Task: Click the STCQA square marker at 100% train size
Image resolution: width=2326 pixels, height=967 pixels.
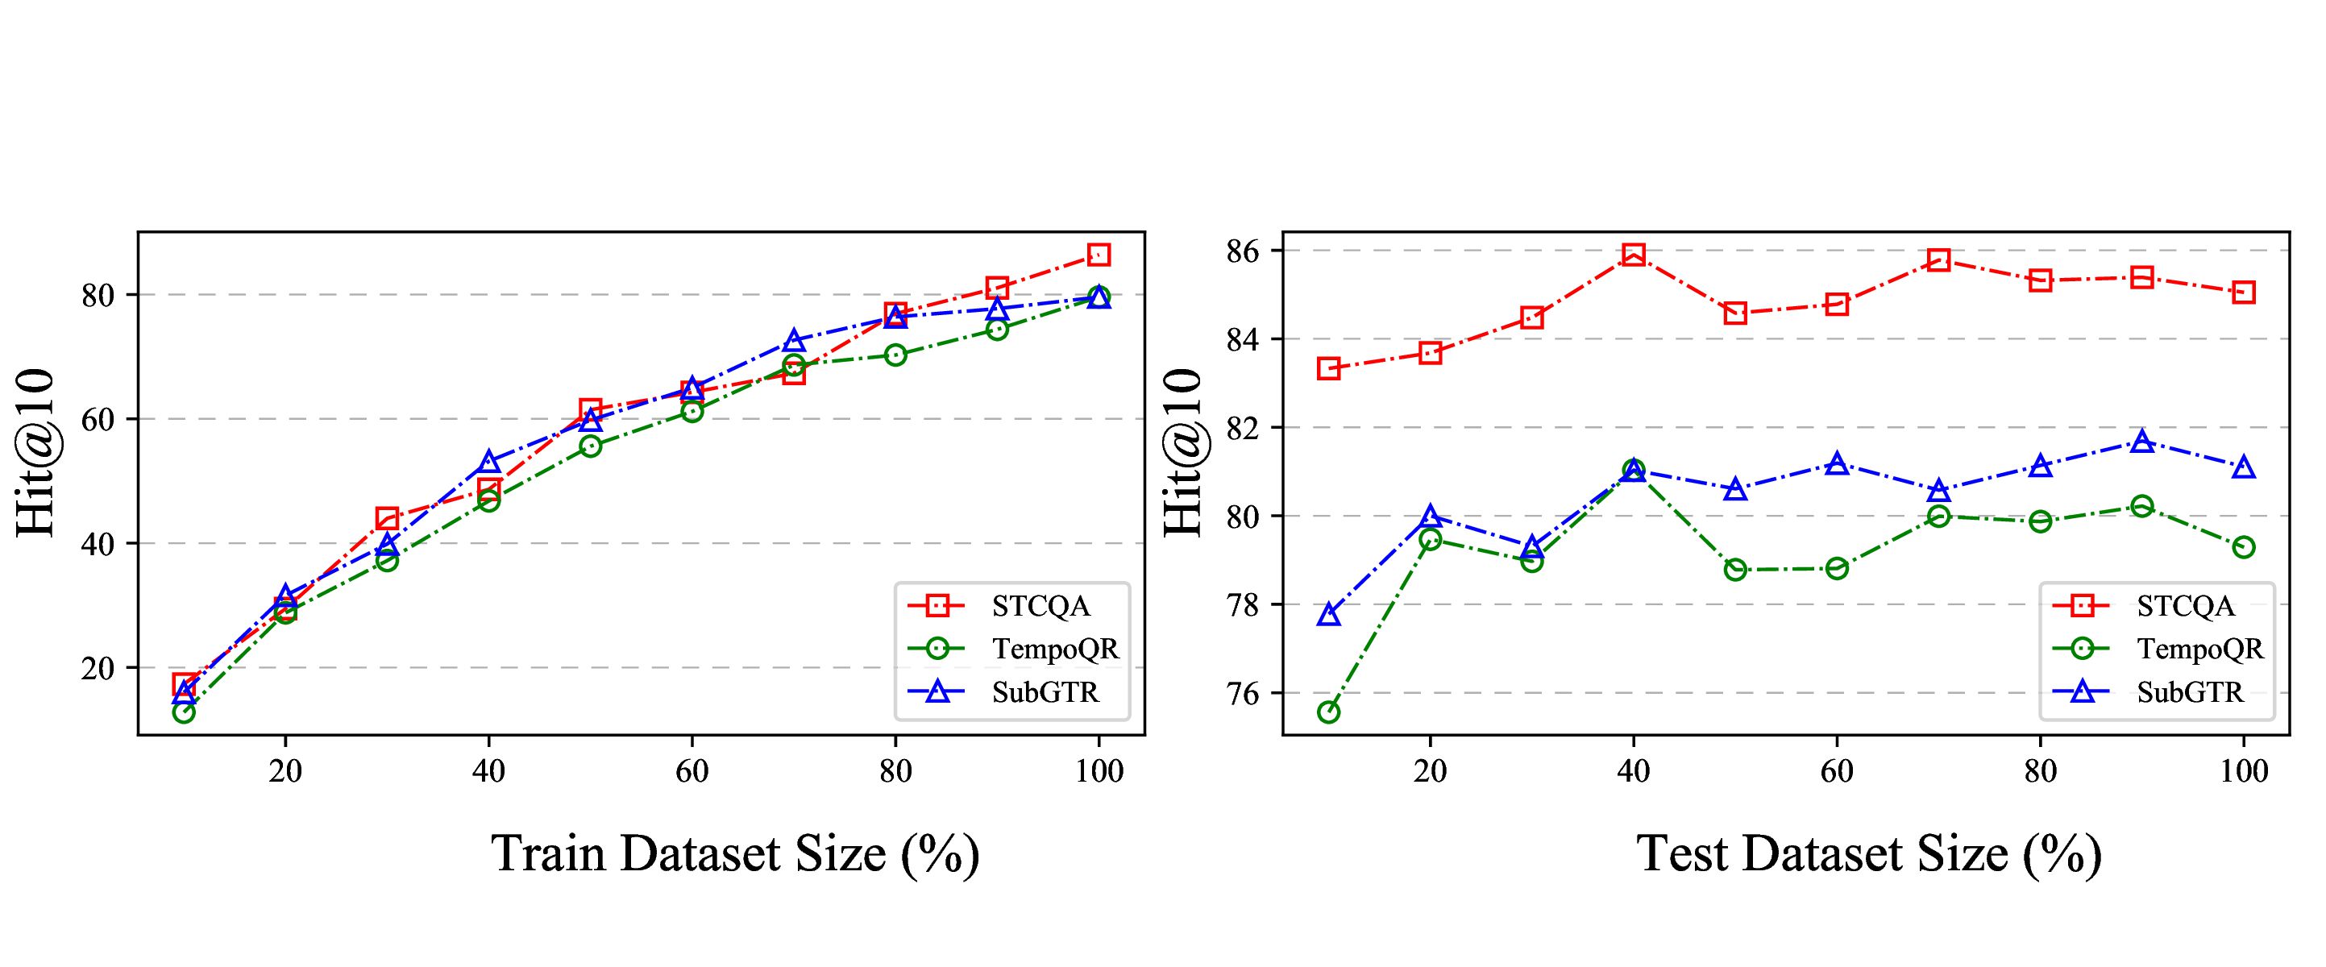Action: pos(1098,255)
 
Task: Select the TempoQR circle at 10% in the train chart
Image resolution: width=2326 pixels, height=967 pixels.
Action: pos(183,712)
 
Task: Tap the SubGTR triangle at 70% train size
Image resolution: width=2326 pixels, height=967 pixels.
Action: pos(794,340)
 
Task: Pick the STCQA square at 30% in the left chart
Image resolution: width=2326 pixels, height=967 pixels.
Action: pos(388,517)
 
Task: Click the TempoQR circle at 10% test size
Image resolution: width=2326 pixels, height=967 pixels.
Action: pos(1328,712)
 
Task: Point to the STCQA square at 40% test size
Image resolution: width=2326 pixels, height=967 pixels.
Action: pos(1634,254)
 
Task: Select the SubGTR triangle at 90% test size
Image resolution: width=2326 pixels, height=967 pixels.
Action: pos(2141,442)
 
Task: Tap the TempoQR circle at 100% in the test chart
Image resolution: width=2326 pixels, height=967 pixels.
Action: pos(2244,547)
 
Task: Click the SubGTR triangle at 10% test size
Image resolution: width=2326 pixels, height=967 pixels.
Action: pos(1328,615)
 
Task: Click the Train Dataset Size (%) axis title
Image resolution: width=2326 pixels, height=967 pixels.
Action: pos(735,853)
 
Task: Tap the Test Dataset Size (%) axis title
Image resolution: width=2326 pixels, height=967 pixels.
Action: pos(1869,853)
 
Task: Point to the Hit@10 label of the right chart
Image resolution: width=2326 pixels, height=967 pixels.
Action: pos(1183,453)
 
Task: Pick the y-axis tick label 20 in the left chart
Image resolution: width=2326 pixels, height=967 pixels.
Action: pos(99,669)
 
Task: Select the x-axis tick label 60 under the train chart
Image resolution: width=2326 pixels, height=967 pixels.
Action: pos(692,772)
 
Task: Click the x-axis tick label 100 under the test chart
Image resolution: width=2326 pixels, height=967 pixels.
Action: pos(2243,772)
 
